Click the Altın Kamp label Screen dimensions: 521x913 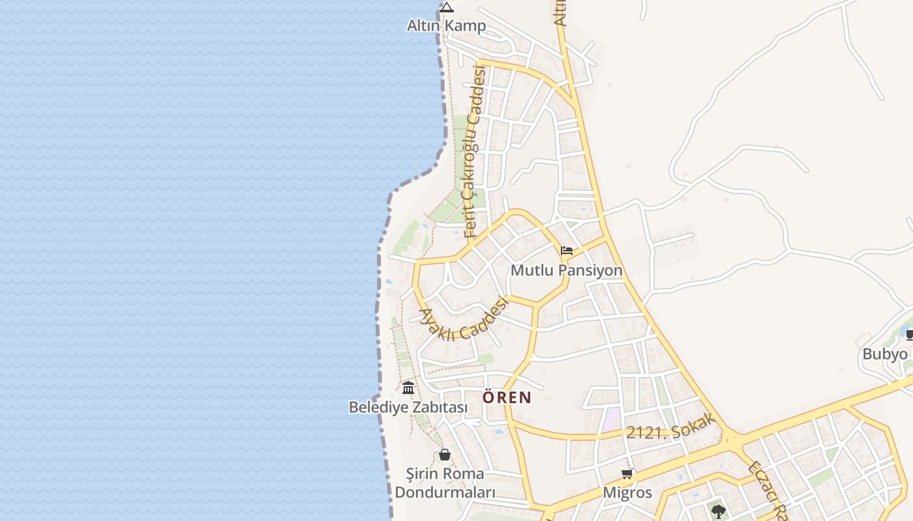tap(446, 26)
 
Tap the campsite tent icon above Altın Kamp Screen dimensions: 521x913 tap(446, 8)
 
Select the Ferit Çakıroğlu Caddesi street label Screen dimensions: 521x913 tap(475, 151)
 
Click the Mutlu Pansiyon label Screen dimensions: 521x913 tap(566, 270)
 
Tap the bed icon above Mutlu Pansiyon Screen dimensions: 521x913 tap(566, 251)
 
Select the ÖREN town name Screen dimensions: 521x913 tap(507, 397)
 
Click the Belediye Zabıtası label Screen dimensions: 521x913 tap(408, 407)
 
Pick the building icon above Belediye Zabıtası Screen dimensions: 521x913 tap(408, 388)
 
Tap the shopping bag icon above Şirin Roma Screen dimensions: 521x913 tap(445, 455)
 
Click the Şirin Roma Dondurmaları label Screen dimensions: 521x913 tap(445, 483)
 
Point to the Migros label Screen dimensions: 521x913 tap(627, 492)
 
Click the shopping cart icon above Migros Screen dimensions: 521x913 tap(627, 474)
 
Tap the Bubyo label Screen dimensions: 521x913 tap(885, 354)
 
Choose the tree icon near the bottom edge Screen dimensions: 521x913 tap(719, 511)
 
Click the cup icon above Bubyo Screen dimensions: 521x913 tap(909, 335)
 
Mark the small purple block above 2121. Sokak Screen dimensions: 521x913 tap(611, 419)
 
